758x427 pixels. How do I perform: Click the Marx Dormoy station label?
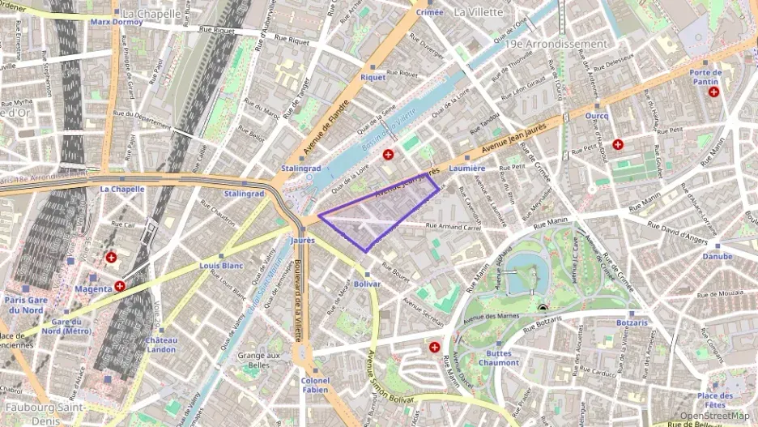(117, 22)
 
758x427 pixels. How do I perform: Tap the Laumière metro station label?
(466, 169)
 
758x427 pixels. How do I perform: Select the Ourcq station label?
(597, 116)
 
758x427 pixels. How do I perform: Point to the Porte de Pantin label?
(705, 77)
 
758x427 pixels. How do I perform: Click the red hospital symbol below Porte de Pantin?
(713, 92)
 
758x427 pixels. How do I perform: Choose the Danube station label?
(717, 256)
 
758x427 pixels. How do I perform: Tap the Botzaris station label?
(632, 322)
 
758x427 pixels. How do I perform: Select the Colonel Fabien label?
(315, 385)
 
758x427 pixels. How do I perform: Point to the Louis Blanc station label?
(221, 266)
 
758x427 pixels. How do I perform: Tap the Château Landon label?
(161, 344)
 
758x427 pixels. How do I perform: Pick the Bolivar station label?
(367, 284)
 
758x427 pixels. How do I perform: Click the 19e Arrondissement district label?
(555, 44)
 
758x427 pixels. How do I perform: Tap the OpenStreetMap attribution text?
(713, 416)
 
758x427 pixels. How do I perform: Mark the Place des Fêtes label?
(715, 399)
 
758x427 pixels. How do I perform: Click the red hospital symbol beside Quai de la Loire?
(388, 154)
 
